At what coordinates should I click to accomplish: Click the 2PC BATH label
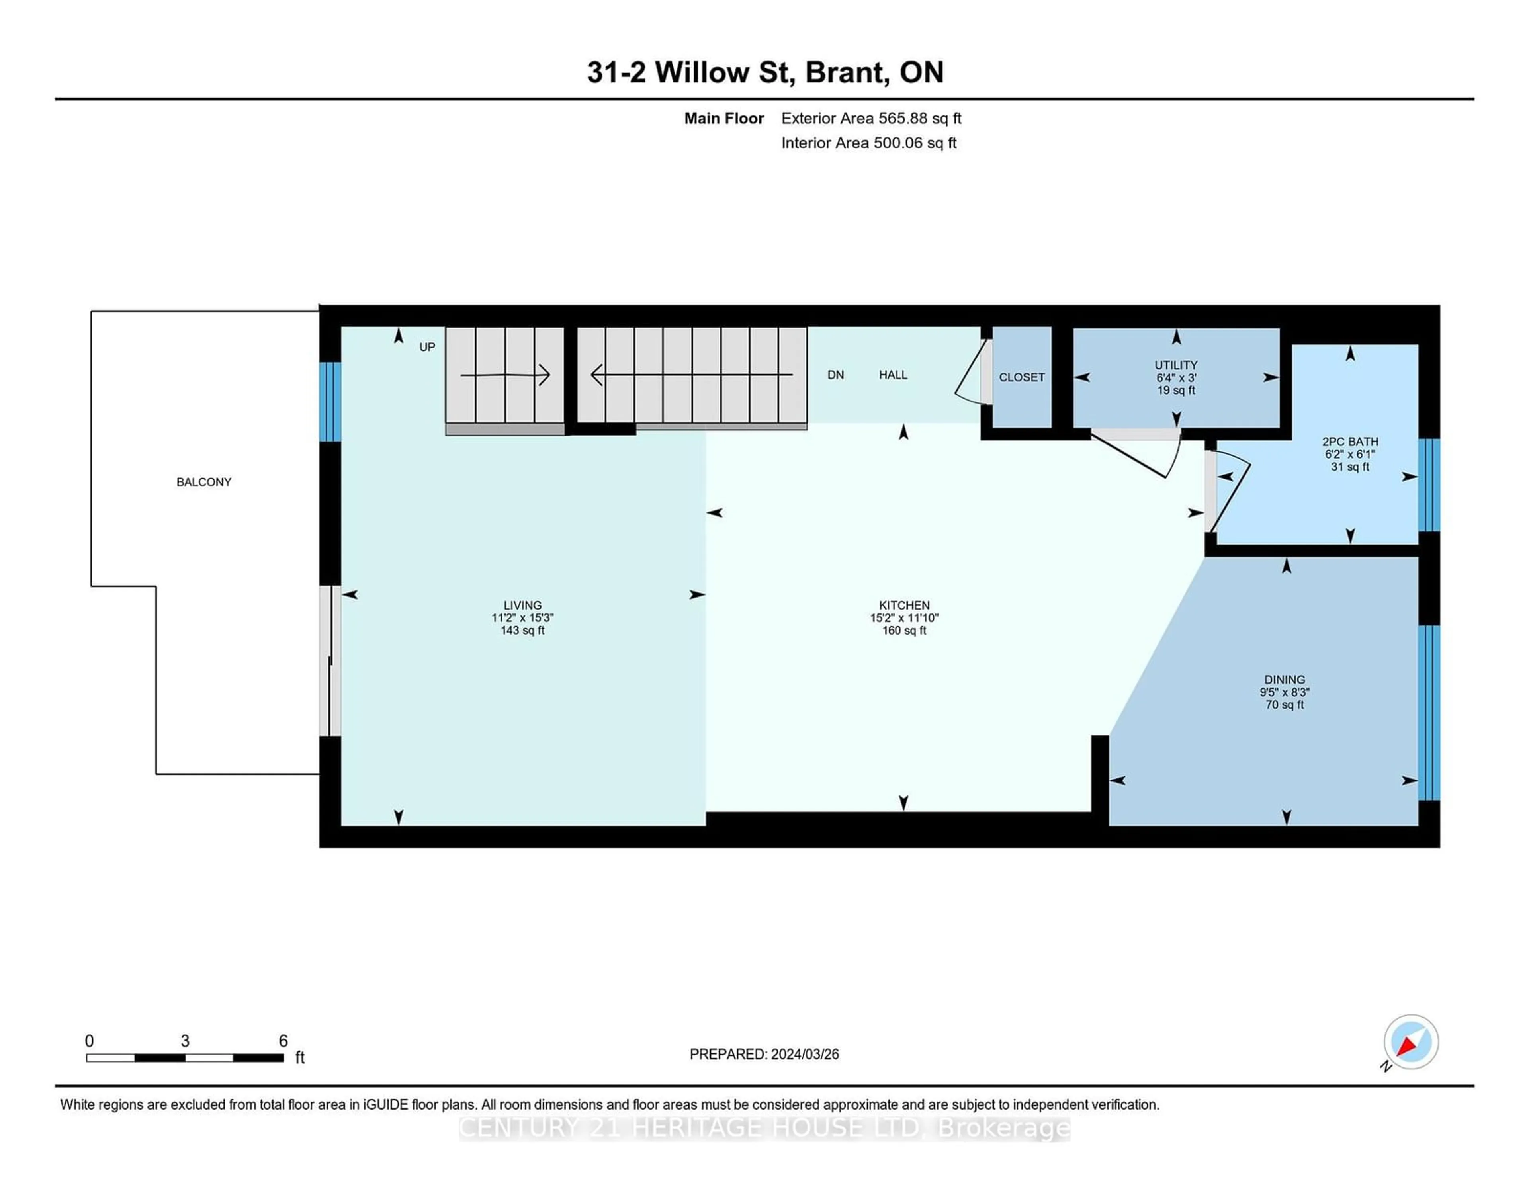[1350, 442]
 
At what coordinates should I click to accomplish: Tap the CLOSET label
[1021, 377]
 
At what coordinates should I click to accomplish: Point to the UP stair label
[427, 347]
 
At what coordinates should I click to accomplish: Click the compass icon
[1411, 1042]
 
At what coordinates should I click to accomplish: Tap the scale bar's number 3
[185, 1041]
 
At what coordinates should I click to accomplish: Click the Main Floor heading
[724, 118]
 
